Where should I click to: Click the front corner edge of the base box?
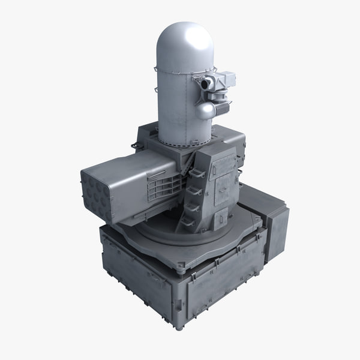(183, 294)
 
